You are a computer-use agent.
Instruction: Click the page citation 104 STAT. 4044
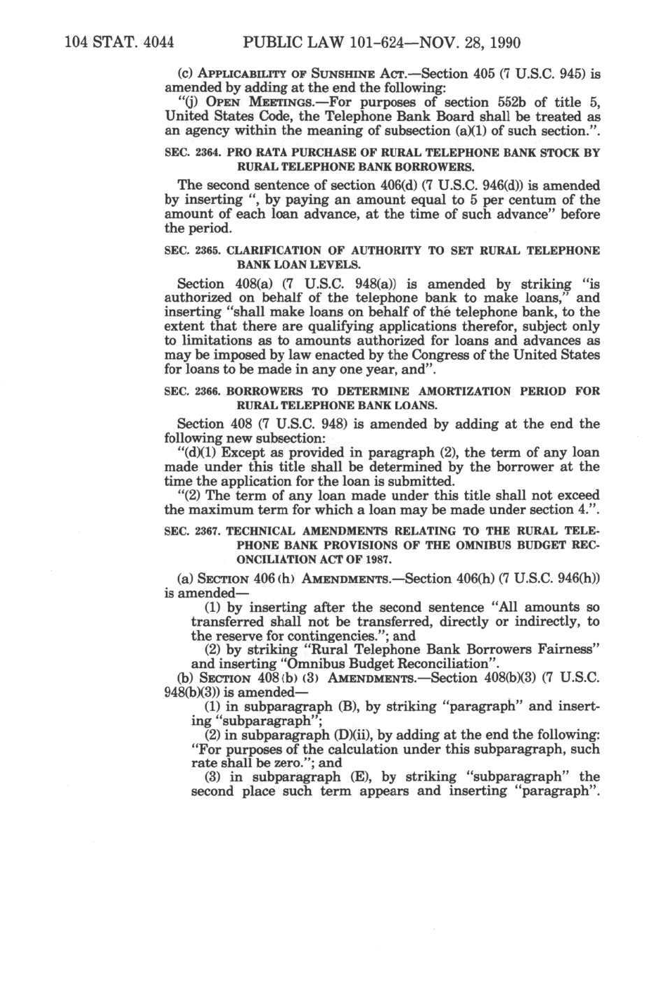pyautogui.click(x=119, y=44)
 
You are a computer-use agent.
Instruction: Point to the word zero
pyautogui.click(x=279, y=763)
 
